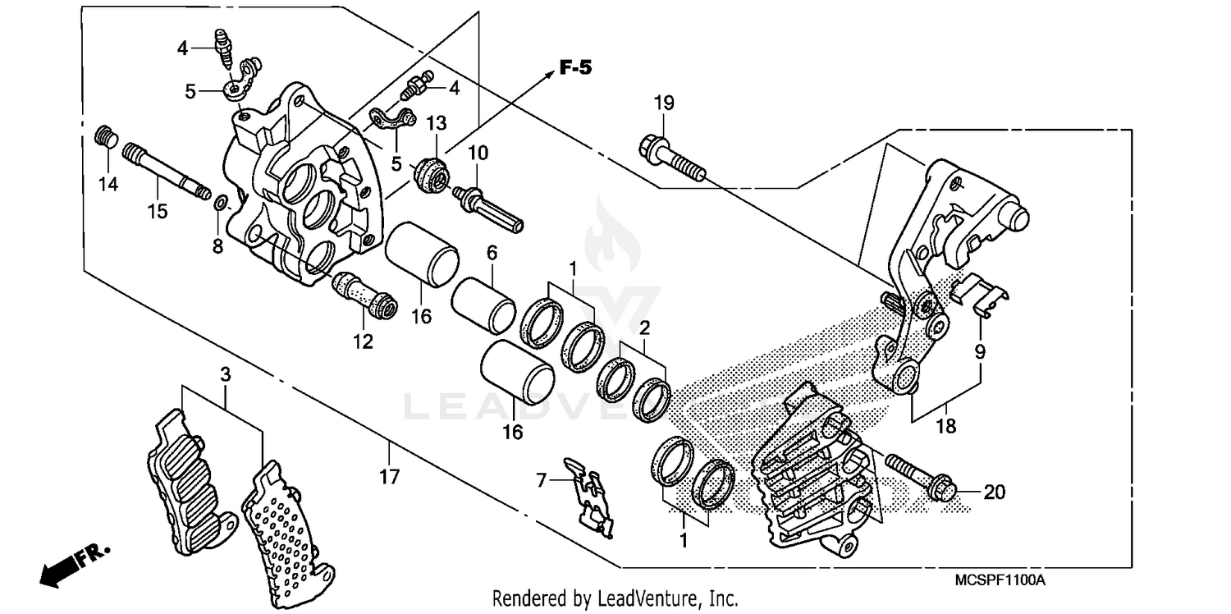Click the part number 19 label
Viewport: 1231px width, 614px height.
(664, 103)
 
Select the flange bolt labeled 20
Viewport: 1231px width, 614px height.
(918, 476)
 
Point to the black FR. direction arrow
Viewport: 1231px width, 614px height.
(63, 567)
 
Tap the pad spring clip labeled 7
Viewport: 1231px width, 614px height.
(590, 497)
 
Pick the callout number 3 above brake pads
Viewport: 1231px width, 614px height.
(225, 374)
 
